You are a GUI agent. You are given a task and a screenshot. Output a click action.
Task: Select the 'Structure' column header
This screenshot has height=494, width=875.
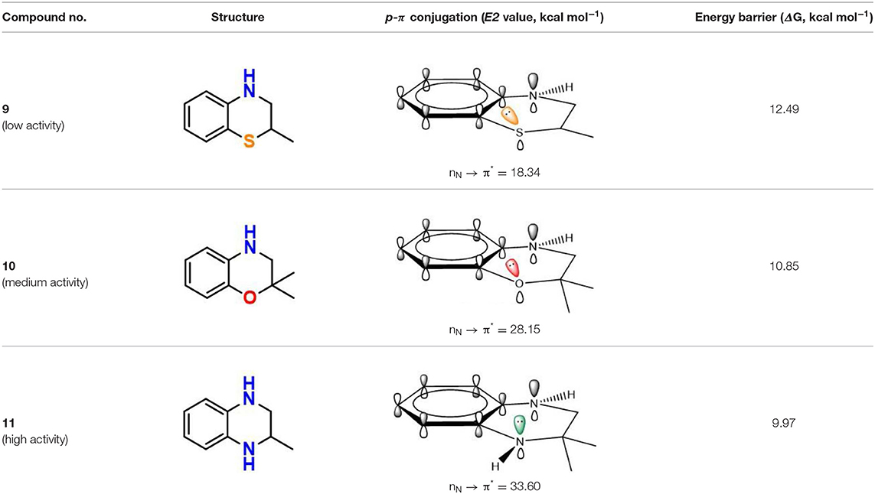[x=237, y=17]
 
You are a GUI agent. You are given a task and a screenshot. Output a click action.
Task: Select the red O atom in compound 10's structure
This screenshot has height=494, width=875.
[x=227, y=298]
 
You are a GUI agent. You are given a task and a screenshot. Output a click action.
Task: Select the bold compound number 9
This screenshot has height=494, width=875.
[x=8, y=111]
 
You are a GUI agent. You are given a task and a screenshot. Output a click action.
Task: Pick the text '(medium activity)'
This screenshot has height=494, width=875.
[x=44, y=283]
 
